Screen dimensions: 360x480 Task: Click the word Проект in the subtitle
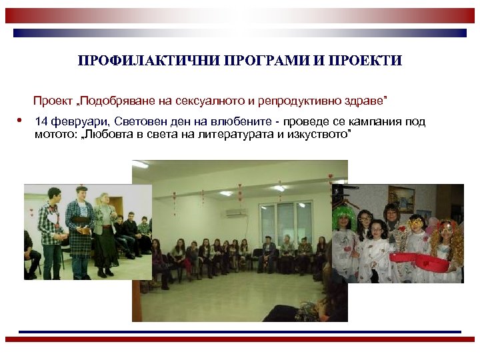(x=54, y=101)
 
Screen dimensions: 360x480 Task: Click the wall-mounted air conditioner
(x=235, y=213)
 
